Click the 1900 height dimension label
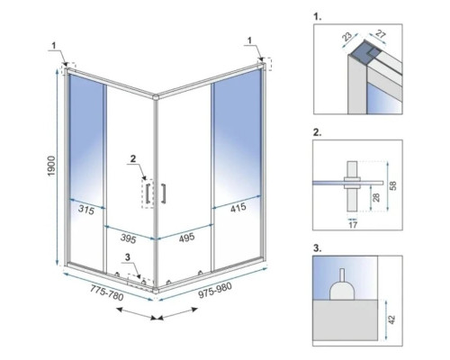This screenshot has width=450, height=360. point(51,166)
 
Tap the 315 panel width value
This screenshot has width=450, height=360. point(86,210)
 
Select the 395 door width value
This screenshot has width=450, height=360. point(129,238)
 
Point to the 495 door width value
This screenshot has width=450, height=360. point(186,238)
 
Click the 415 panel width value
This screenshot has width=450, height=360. point(238,207)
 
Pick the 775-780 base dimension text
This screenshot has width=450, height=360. point(107,292)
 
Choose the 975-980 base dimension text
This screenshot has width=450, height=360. point(215,290)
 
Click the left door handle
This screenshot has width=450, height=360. point(148,193)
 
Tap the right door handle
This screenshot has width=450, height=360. point(164,193)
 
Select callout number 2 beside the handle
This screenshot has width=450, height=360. point(133,158)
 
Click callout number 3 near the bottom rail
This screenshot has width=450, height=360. point(128,257)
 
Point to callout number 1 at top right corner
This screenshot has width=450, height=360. point(249,40)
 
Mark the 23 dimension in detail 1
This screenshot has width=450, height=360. point(347,37)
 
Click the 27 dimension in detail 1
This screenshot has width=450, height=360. point(380,34)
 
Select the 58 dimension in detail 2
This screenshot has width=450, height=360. point(393,185)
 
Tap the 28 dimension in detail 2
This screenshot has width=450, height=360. point(376,197)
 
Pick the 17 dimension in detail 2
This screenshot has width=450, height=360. point(353,224)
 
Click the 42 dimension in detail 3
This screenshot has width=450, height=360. point(391,319)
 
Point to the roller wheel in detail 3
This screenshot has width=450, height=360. point(342,285)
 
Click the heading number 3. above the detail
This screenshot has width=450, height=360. point(318,248)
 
